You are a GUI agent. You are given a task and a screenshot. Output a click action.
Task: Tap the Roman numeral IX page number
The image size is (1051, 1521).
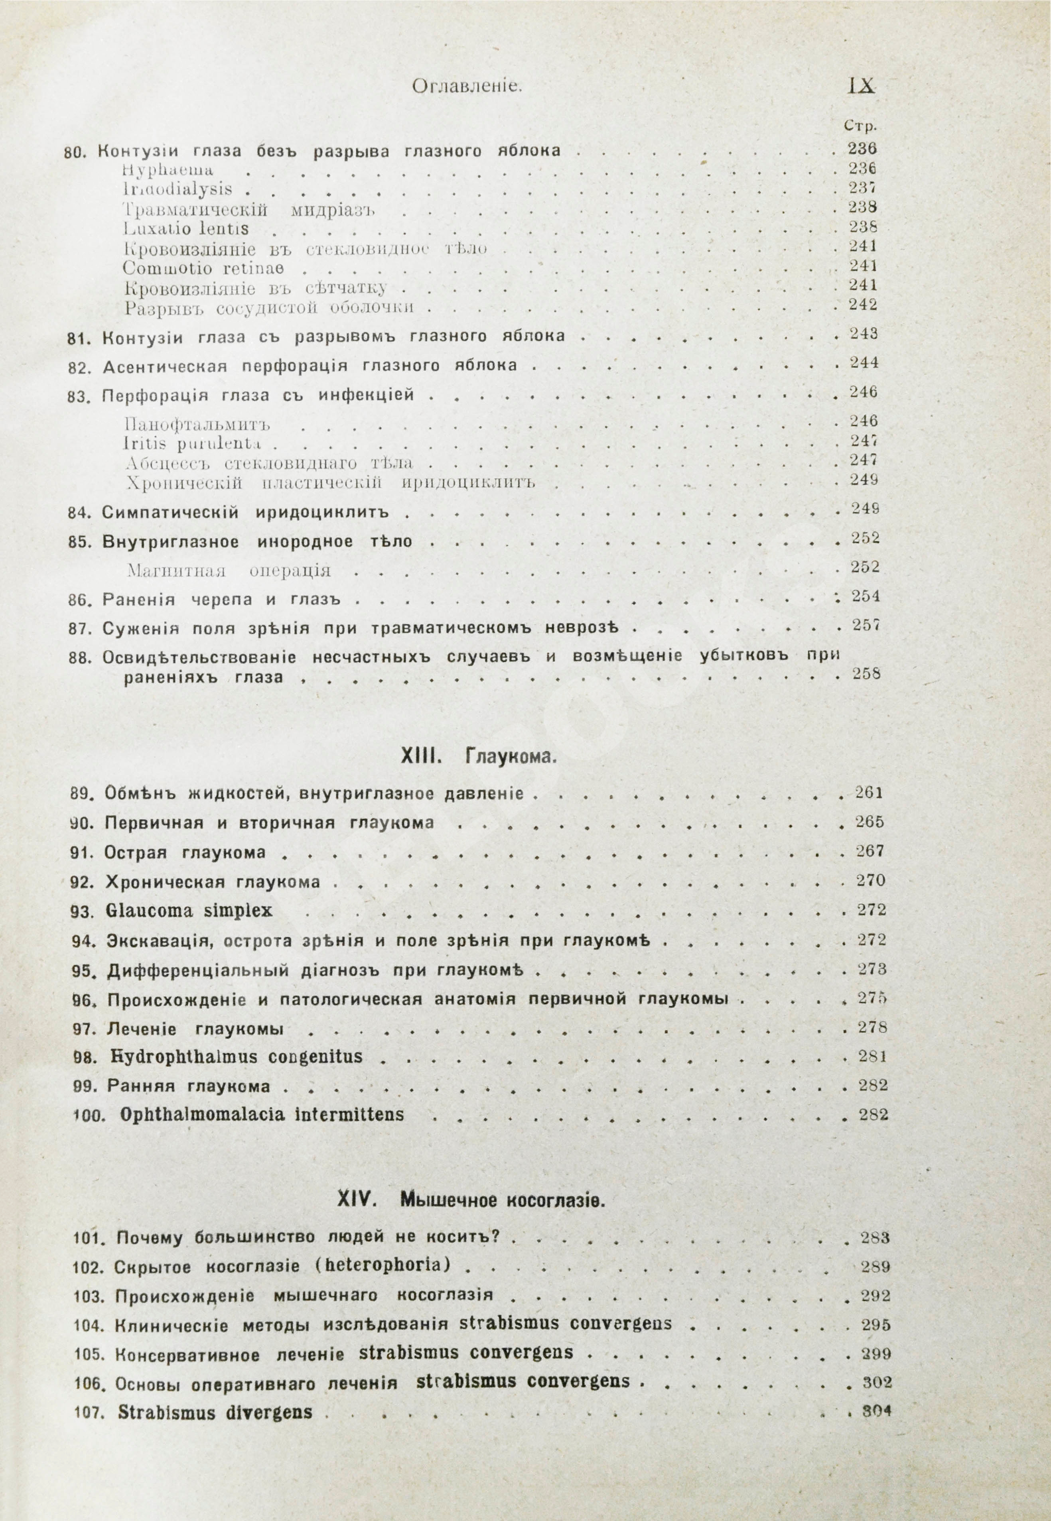(x=861, y=86)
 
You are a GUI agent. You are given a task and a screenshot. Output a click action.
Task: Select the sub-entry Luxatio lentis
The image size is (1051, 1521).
(x=186, y=229)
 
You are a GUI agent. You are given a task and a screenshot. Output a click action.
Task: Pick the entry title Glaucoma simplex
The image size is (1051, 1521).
(x=188, y=911)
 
